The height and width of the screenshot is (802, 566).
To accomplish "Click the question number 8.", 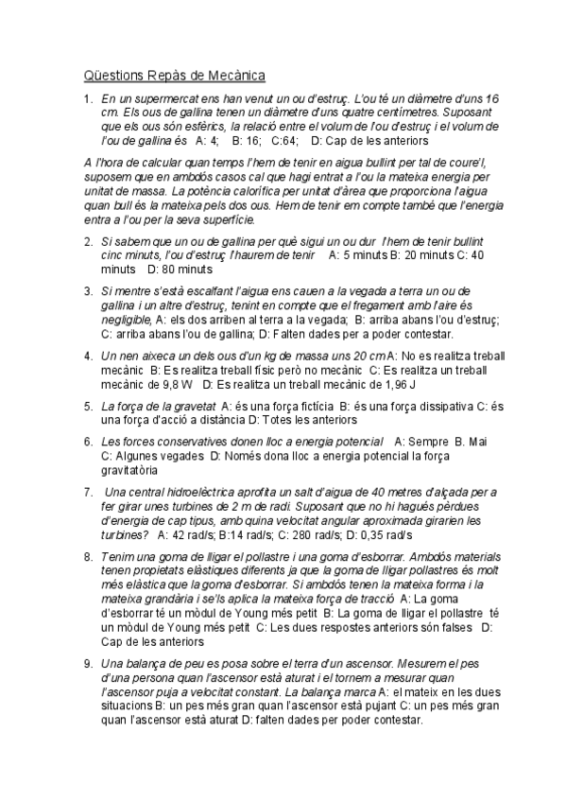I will click(x=87, y=557).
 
